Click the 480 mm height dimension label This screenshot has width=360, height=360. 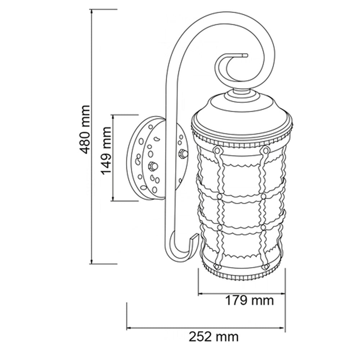coord(85,130)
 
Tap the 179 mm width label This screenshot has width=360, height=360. coord(249,300)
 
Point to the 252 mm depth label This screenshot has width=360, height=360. coord(213,337)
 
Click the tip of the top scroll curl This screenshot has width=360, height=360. coord(246,56)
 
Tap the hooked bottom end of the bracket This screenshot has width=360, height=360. coord(194,239)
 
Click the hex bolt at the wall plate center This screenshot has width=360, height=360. coord(152,166)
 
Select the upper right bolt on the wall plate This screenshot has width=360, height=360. coord(183,154)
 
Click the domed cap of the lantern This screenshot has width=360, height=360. coord(242,108)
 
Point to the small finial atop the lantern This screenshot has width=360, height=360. coord(242,93)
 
